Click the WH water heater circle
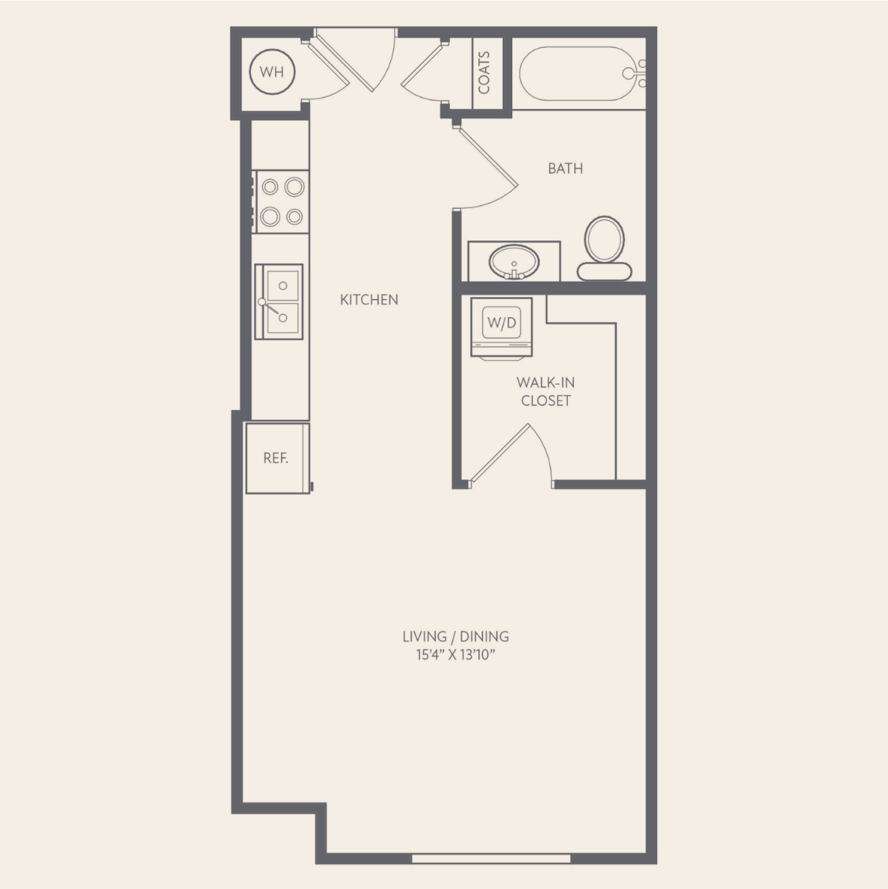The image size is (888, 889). pyautogui.click(x=272, y=72)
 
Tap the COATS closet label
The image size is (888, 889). pyautogui.click(x=484, y=72)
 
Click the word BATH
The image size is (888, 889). pyautogui.click(x=565, y=168)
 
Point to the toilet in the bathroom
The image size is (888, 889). pyautogui.click(x=604, y=248)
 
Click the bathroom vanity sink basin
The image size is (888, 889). pyautogui.click(x=514, y=262)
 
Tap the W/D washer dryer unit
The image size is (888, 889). pyautogui.click(x=502, y=328)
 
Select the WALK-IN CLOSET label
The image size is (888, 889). pyautogui.click(x=546, y=391)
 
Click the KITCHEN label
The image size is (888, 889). pyautogui.click(x=369, y=300)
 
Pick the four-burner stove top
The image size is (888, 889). pyautogui.click(x=281, y=202)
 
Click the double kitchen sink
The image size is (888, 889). pyautogui.click(x=279, y=302)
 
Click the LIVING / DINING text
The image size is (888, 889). pyautogui.click(x=456, y=636)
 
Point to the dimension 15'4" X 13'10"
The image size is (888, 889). pyautogui.click(x=456, y=655)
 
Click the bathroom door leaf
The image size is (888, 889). pyautogui.click(x=487, y=157)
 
